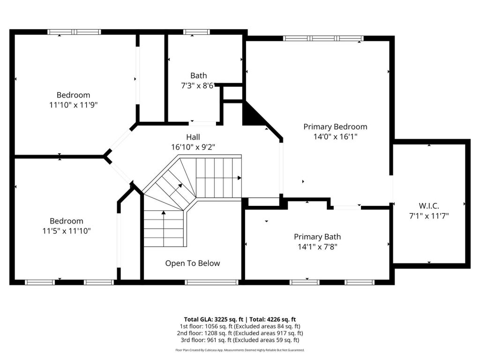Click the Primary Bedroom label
coord(335,127)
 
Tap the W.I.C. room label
coord(429,206)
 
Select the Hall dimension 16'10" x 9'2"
coord(193,147)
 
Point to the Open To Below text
coord(193,263)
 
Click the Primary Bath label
coord(317,237)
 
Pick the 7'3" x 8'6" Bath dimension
coord(198,86)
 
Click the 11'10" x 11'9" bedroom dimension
coord(74,105)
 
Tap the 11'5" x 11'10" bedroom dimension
coord(67,231)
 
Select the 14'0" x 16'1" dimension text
coord(336,136)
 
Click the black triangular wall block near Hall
coord(251,115)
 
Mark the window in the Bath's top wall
coord(196,32)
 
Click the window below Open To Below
coord(211,282)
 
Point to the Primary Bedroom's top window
coord(323,38)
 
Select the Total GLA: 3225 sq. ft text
coord(213,320)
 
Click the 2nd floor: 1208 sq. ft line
coord(240,333)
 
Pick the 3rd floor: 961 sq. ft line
coord(240,340)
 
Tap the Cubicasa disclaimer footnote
coord(240,350)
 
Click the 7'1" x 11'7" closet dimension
coord(429,216)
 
